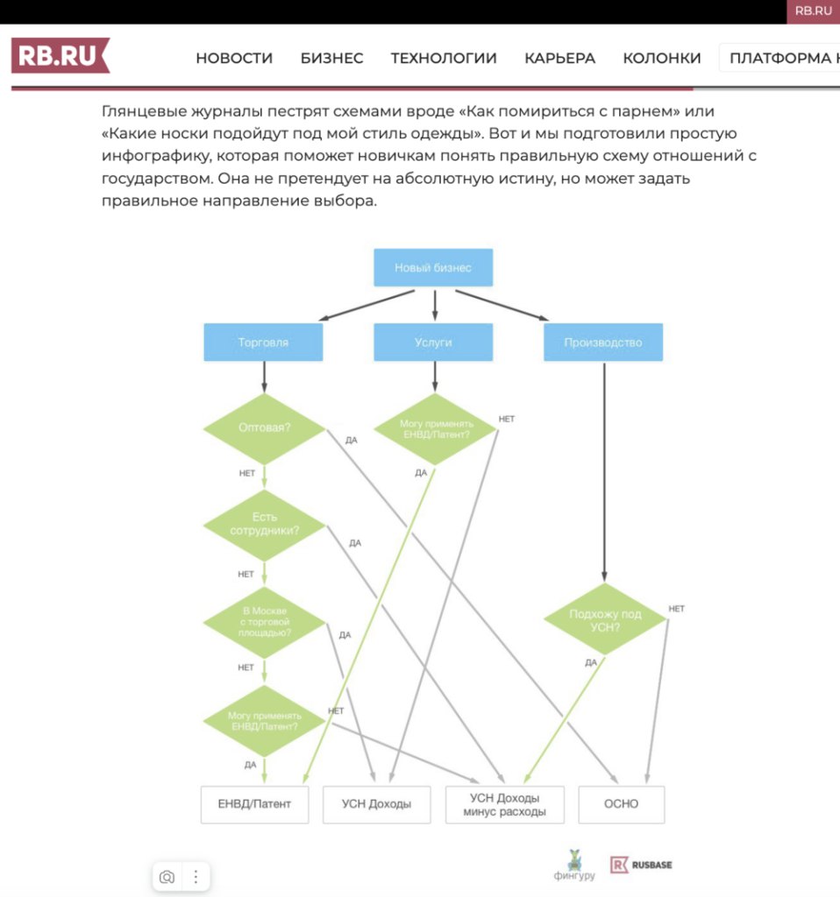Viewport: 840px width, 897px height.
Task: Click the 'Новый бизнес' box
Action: (433, 267)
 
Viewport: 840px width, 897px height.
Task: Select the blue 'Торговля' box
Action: (263, 343)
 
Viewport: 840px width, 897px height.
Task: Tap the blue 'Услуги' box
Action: (433, 343)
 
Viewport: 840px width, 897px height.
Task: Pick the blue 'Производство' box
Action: (603, 343)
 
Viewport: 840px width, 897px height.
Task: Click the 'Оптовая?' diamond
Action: (264, 428)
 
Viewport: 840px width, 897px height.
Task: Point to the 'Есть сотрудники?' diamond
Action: (264, 524)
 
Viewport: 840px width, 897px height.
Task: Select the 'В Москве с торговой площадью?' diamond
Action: (264, 620)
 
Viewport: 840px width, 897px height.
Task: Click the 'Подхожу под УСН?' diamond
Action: (605, 620)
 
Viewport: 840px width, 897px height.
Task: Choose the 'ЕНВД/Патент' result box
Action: (254, 803)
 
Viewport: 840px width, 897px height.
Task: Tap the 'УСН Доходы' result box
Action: (378, 803)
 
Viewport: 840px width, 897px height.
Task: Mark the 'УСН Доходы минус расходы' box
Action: (504, 804)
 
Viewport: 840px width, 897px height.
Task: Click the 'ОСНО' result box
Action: (621, 803)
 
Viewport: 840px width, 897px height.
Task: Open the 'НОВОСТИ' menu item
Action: (234, 58)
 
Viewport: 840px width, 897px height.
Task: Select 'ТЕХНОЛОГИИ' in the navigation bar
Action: (444, 58)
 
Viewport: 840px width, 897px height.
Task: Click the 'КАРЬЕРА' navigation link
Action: (559, 58)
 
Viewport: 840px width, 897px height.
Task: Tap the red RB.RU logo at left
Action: (60, 56)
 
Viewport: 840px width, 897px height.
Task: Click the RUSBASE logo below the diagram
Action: (642, 865)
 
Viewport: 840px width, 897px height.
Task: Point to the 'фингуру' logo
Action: (574, 865)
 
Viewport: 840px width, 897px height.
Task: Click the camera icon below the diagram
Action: (167, 876)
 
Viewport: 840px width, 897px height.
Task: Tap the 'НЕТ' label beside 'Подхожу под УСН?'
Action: (676, 608)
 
